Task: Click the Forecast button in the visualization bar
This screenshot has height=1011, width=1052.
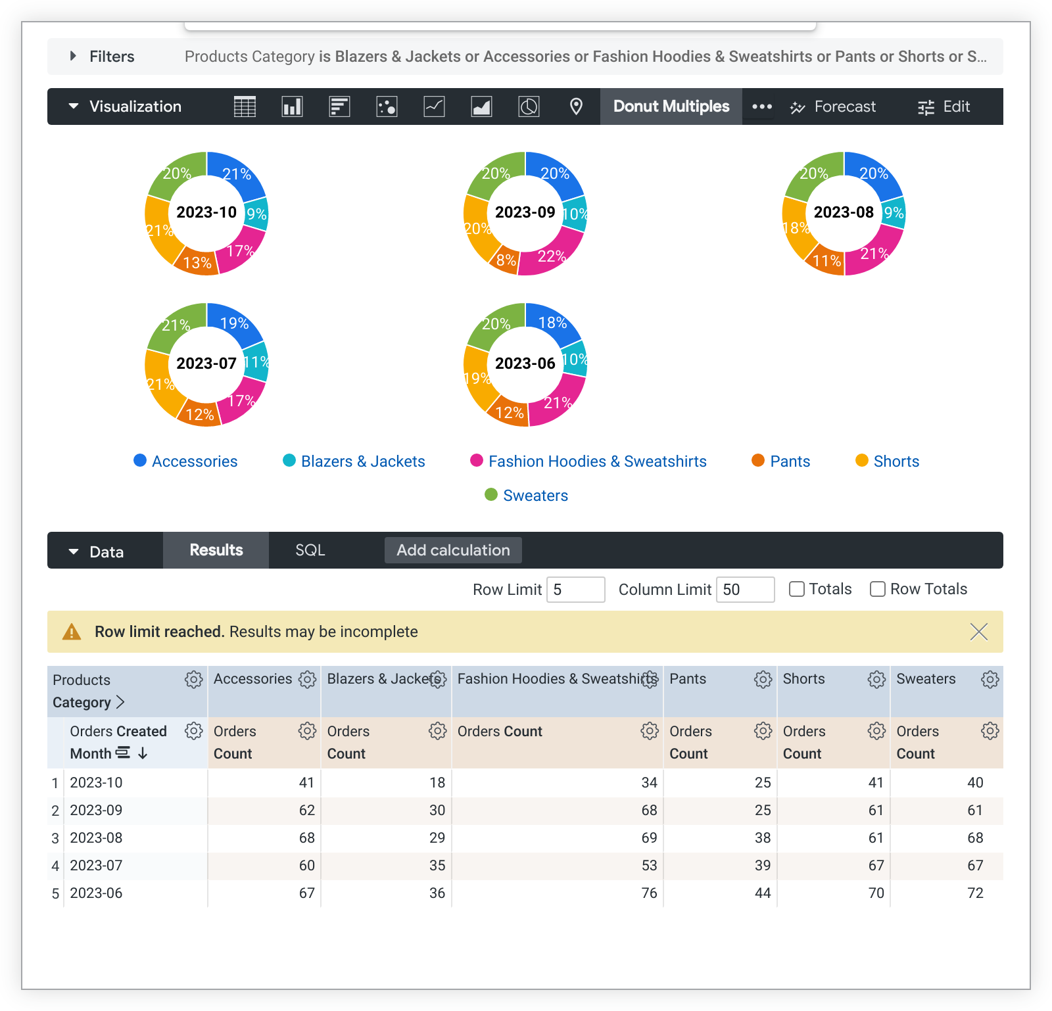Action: point(834,106)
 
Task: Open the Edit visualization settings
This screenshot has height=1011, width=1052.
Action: point(944,106)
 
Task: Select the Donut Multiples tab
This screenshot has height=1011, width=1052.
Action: point(671,106)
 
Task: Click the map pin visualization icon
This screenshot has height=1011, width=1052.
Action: point(576,106)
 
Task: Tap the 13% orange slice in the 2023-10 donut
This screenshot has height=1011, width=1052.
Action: point(197,262)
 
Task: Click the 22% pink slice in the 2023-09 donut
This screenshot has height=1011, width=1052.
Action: point(551,256)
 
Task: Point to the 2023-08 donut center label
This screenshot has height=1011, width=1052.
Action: point(844,212)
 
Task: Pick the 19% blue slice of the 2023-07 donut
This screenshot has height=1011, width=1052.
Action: point(234,323)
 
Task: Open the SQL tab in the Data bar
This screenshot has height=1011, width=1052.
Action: point(310,550)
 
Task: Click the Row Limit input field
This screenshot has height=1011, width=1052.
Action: point(575,590)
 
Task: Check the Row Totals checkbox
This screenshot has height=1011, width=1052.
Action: point(878,589)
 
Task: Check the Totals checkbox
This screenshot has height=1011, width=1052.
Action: point(797,589)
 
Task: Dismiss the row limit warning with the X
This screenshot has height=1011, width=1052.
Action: point(979,632)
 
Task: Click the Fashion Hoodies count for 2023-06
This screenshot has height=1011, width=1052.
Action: point(649,893)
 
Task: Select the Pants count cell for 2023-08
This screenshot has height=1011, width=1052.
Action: point(762,837)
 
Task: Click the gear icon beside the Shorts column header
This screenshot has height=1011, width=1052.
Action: point(876,679)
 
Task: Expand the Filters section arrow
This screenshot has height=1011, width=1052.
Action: point(73,57)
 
